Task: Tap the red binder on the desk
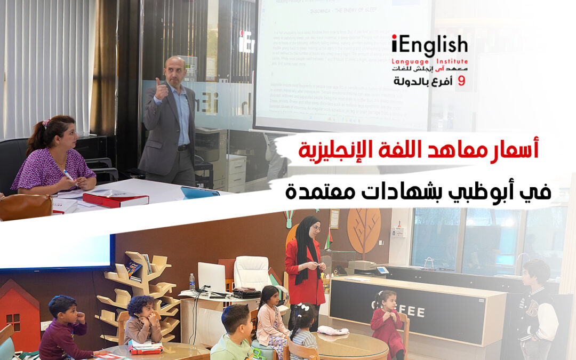pyautogui.click(x=115, y=199)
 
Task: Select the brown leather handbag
pyautogui.click(x=25, y=206)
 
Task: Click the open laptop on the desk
pyautogui.click(x=212, y=278)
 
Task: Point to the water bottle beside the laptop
pyautogui.click(x=192, y=282)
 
